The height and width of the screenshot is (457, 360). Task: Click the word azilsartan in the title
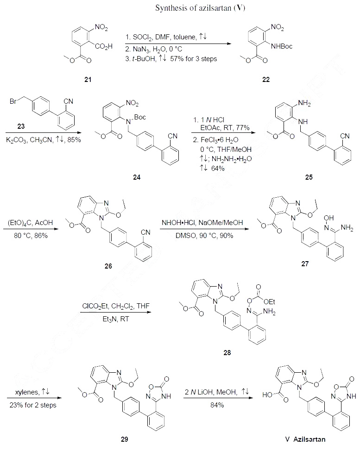pyautogui.click(x=215, y=8)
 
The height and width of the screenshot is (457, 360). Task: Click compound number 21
pyautogui.click(x=88, y=79)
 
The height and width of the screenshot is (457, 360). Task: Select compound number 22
pyautogui.click(x=266, y=79)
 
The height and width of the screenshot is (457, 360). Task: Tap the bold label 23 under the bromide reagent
pyautogui.click(x=21, y=126)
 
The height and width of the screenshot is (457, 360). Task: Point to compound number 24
pyautogui.click(x=137, y=177)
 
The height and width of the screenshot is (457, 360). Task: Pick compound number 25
pyautogui.click(x=309, y=177)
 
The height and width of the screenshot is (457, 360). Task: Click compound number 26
pyautogui.click(x=108, y=266)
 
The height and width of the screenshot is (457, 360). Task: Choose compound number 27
pyautogui.click(x=305, y=263)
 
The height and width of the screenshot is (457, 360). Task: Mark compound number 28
pyautogui.click(x=227, y=353)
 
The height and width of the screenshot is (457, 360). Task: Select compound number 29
pyautogui.click(x=124, y=439)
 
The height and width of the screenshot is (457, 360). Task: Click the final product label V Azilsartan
pyautogui.click(x=305, y=439)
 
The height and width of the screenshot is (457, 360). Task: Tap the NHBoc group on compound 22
pyautogui.click(x=282, y=46)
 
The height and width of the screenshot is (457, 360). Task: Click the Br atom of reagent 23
pyautogui.click(x=13, y=101)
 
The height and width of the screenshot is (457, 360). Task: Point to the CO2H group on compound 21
pyautogui.click(x=104, y=46)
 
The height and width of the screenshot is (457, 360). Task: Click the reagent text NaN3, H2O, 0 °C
pyautogui.click(x=153, y=48)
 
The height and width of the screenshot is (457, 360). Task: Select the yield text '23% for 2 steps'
pyautogui.click(x=33, y=405)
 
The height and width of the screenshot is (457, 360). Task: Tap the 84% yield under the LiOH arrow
pyautogui.click(x=217, y=405)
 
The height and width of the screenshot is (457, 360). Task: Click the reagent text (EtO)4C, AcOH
pyautogui.click(x=30, y=223)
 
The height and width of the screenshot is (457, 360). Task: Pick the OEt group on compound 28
pyautogui.click(x=269, y=302)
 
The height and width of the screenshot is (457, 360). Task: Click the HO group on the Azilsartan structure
pyautogui.click(x=267, y=395)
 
